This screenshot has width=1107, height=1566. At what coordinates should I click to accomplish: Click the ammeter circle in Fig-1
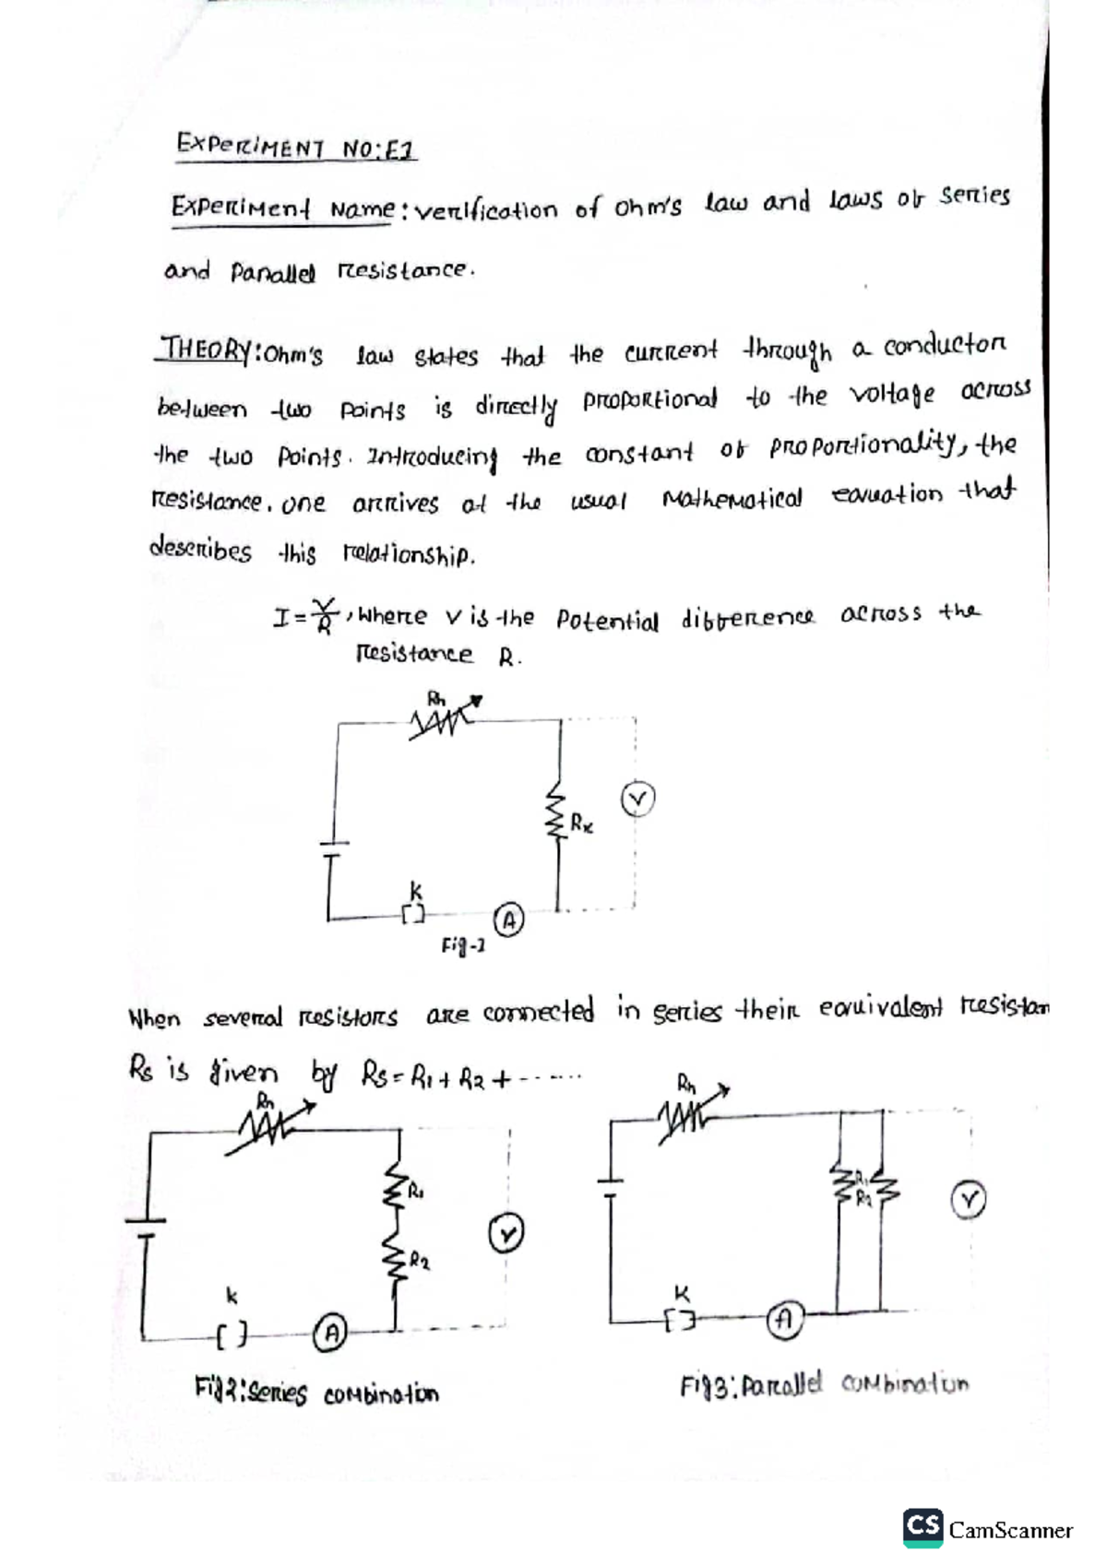(508, 919)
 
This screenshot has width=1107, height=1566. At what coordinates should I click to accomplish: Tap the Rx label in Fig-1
(581, 823)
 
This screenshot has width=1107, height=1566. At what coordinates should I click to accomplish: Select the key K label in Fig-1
(415, 891)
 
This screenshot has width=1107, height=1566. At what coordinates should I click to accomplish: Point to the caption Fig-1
(463, 946)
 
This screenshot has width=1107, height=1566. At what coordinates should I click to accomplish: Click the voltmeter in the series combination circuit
(506, 1233)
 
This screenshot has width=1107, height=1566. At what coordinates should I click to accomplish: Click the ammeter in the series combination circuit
(330, 1331)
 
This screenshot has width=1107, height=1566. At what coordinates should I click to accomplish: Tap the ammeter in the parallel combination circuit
(783, 1319)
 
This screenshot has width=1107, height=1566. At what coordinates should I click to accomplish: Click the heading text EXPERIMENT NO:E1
(295, 146)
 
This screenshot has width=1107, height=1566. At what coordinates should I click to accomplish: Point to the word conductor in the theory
(945, 347)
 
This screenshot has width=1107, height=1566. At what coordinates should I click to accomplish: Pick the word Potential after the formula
(607, 620)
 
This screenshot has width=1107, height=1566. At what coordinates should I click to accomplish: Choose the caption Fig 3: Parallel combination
(825, 1385)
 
